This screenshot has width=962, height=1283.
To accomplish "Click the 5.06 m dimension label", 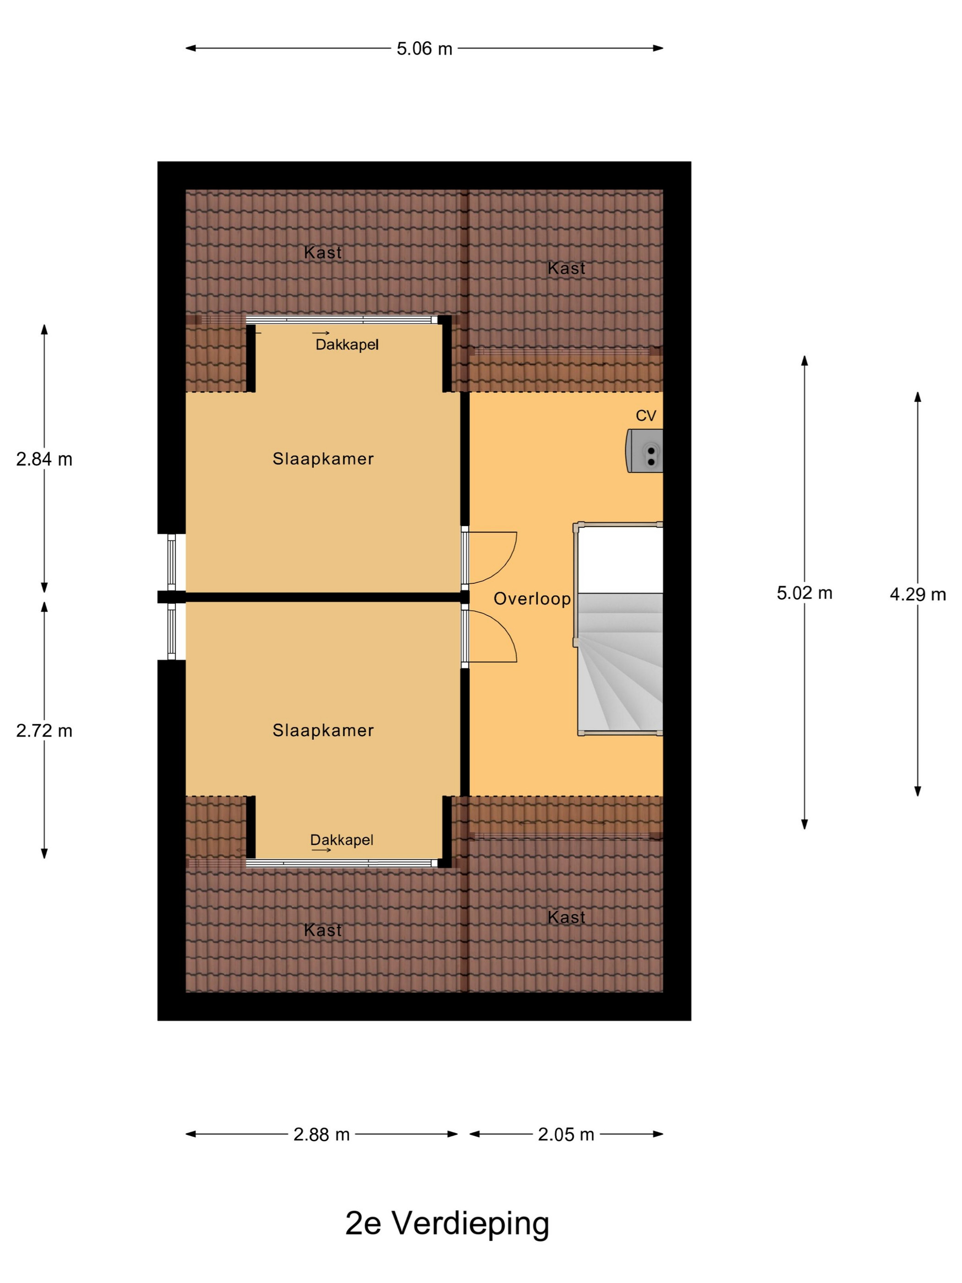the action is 424,49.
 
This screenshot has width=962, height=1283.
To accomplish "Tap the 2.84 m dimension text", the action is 44,460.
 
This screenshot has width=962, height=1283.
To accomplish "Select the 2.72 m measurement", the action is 44,731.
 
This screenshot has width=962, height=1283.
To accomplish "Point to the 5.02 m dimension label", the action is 804,593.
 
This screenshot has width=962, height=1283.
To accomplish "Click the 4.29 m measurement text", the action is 918,594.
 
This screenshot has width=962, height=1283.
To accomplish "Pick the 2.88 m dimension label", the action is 321,1134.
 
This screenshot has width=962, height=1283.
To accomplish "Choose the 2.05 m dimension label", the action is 566,1134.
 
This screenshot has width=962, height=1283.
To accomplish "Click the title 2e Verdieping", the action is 447,1224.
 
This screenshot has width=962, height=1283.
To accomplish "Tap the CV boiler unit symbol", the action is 644,451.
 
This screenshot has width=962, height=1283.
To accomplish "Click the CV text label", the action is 646,416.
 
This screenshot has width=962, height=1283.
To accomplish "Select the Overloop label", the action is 532,599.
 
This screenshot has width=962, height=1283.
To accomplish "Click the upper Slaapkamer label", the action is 323,459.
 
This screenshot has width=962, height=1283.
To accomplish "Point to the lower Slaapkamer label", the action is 323,730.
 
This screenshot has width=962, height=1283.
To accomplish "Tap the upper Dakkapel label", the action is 347,345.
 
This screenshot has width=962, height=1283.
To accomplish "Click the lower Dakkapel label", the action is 342,840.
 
